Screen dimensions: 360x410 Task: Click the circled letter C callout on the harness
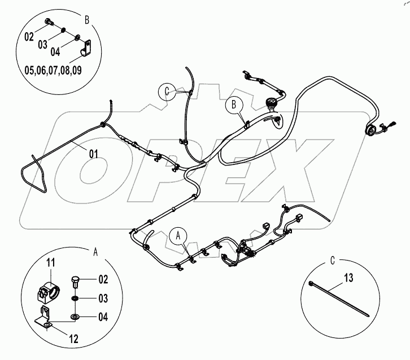click(167, 90)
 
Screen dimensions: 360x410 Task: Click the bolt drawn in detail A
click(76, 281)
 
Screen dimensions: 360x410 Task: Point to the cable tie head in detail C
click(312, 284)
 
